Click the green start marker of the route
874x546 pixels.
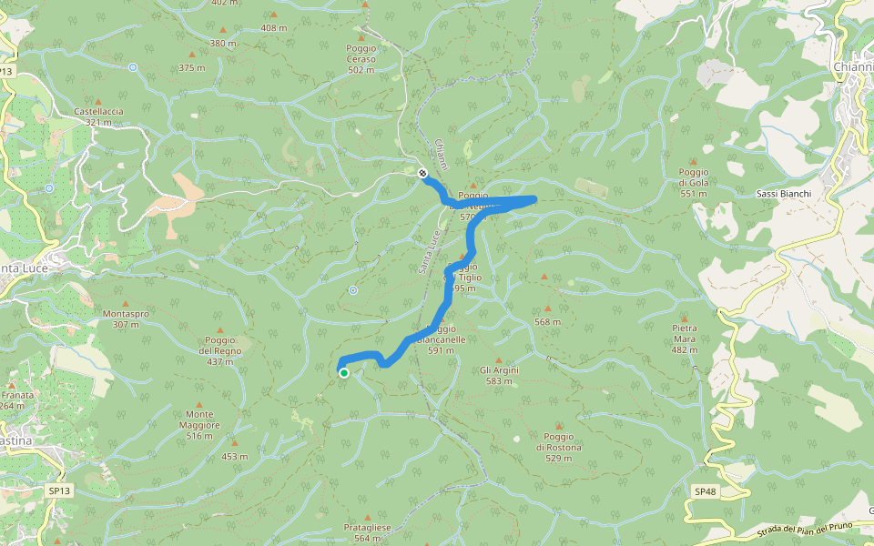click(344, 372)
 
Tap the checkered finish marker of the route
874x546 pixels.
click(422, 173)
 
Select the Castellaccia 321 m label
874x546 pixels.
click(98, 116)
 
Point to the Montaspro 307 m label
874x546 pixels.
click(127, 318)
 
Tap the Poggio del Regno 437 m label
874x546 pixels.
click(219, 350)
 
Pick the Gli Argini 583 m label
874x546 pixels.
click(499, 376)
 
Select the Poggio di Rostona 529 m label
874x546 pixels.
click(559, 447)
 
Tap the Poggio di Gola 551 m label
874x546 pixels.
click(694, 182)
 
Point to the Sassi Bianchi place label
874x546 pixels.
click(783, 194)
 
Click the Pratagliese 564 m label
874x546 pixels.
click(368, 532)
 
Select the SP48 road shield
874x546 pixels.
click(706, 491)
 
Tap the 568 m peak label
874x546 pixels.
click(547, 322)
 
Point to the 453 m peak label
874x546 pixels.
click(235, 457)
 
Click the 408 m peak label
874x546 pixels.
click(273, 28)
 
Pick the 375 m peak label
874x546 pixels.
click(192, 68)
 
